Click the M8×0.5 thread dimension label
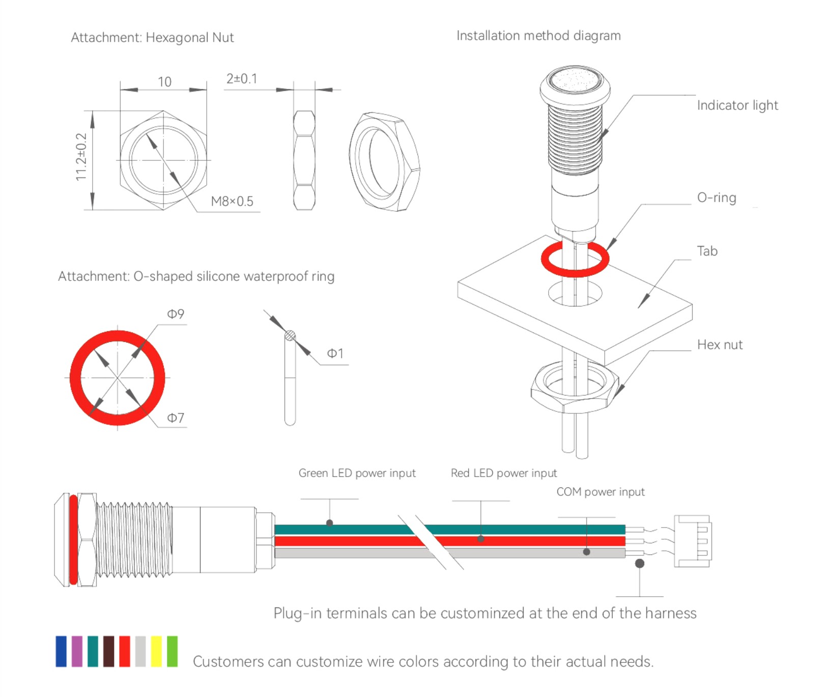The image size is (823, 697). pos(232,202)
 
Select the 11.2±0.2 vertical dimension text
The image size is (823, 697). pos(81,157)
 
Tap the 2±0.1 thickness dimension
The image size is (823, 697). pos(242,79)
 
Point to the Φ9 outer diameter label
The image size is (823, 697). pos(176,314)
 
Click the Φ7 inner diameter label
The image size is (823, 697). pos(176,418)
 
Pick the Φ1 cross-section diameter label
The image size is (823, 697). pos(335,353)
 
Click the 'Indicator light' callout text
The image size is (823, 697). pos(737,105)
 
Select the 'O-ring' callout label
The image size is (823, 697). pos(716,198)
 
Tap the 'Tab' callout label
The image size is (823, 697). pos(707,251)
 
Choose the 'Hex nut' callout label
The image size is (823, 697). pos(720,345)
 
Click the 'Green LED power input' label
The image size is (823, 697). pos(357,473)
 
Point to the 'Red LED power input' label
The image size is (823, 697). pos(503,473)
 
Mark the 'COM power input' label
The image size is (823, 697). pos(600,492)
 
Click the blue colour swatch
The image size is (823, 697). pos(61,651)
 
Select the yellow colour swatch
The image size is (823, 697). pos(156,651)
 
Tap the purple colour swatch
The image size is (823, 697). pos(77,651)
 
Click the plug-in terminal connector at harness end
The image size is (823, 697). pos(693,541)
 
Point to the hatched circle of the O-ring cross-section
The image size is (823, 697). pos(290,336)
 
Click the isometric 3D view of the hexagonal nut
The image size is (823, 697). pos(384,162)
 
